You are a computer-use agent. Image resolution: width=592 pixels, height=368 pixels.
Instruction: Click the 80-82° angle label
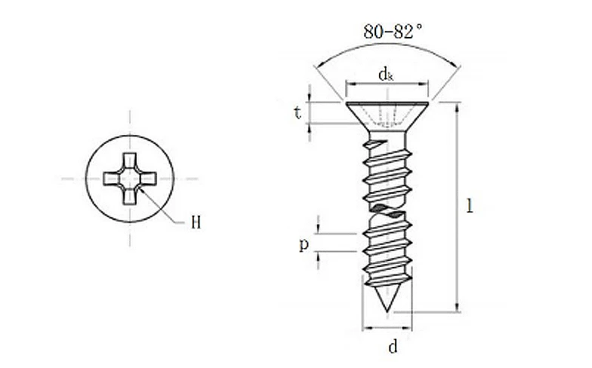[393, 32]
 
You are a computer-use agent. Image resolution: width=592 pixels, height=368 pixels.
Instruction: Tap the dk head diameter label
[386, 74]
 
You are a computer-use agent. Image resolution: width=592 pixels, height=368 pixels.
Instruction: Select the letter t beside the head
[298, 113]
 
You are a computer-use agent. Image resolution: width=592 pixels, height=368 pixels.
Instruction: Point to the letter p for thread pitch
[304, 245]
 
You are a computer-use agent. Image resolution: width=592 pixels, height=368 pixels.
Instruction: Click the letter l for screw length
[470, 206]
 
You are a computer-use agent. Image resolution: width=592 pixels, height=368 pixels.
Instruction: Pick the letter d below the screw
[393, 347]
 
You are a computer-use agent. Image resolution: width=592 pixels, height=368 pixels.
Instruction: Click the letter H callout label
[196, 222]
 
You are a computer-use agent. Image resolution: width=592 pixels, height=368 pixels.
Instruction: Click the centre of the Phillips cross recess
[130, 179]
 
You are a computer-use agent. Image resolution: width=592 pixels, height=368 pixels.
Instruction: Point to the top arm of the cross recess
[130, 161]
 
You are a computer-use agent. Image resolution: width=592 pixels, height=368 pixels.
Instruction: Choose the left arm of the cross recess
[112, 179]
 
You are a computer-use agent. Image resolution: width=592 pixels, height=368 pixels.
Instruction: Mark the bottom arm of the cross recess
[130, 198]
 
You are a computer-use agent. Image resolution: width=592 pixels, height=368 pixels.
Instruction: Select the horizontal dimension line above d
[387, 328]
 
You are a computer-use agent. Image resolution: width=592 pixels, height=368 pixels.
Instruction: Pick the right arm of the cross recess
[148, 179]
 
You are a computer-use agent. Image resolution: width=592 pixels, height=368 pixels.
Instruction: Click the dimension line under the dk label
[387, 84]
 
